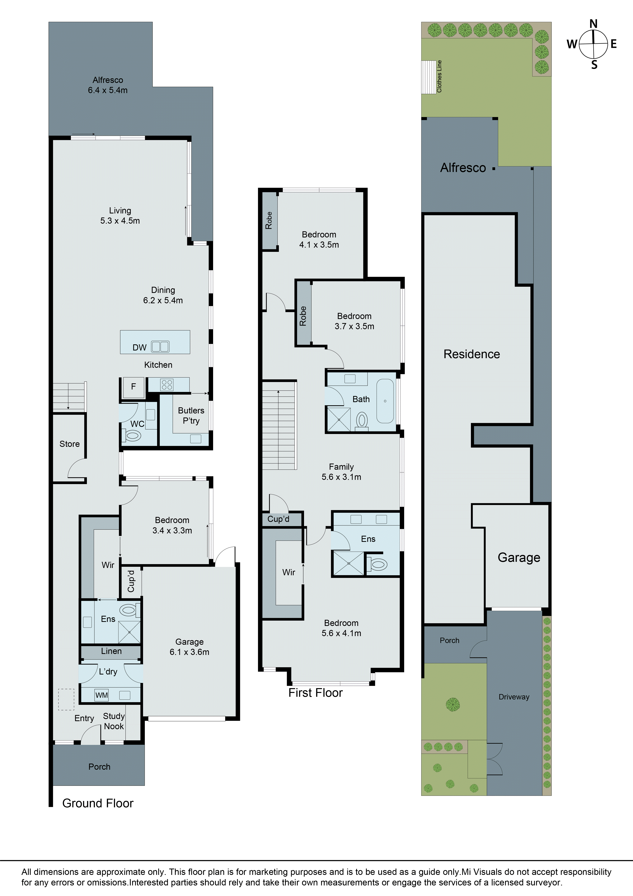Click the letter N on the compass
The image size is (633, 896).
point(593,24)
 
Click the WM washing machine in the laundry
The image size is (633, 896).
point(101,695)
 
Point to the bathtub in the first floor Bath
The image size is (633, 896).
point(385,401)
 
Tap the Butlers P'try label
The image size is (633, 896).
point(191,416)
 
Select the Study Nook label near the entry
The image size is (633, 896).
point(114,721)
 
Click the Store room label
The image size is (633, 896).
point(69,444)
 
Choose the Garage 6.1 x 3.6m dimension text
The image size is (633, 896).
point(190,652)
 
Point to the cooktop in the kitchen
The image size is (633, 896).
point(167,385)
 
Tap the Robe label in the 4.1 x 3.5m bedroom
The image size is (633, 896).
point(269,221)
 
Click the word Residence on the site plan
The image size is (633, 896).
point(471,354)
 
